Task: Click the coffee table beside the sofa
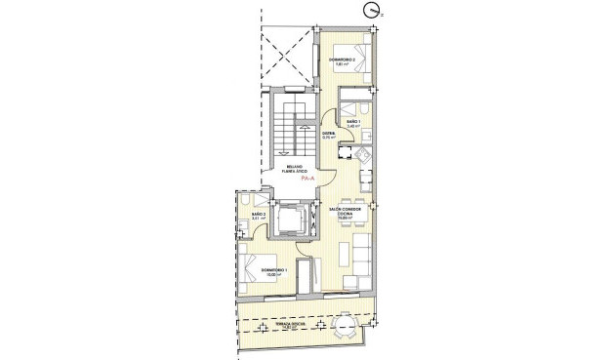(343, 255)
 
